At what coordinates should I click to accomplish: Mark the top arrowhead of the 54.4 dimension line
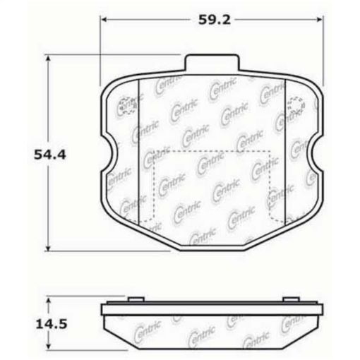coord(49,60)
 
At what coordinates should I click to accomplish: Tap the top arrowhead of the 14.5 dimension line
coord(49,299)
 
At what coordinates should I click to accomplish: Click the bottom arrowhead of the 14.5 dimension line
coord(49,346)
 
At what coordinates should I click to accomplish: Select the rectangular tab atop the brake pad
coord(211,63)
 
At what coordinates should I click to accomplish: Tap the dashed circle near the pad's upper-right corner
coord(298,106)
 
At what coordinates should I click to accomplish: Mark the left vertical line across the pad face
coord(140,152)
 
